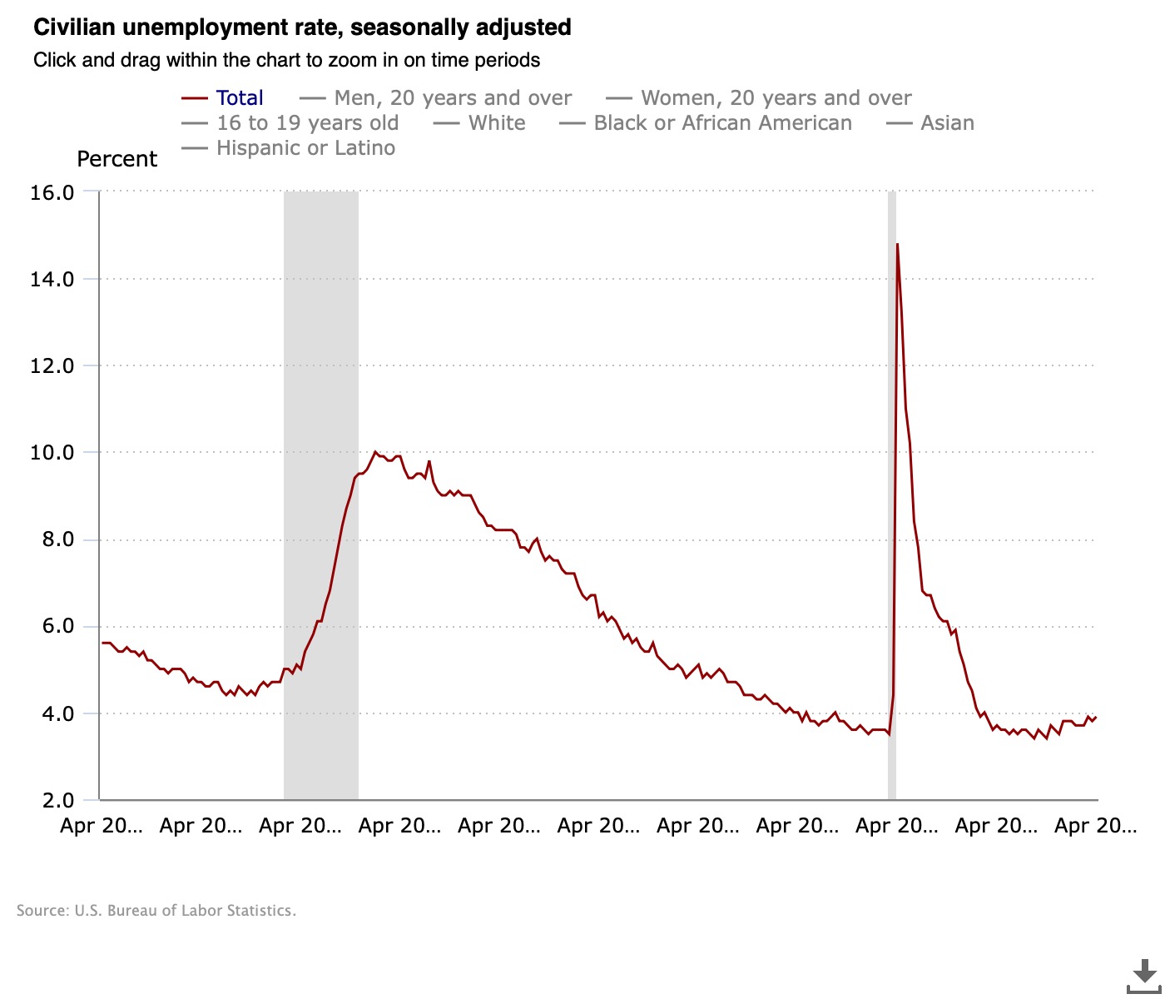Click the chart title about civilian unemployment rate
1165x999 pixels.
click(x=302, y=27)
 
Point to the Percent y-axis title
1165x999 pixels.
click(x=116, y=159)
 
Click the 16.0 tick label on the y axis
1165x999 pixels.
click(x=52, y=192)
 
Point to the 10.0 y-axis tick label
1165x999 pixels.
click(x=52, y=453)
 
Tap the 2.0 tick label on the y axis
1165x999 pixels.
click(x=57, y=801)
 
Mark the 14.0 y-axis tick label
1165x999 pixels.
click(x=52, y=279)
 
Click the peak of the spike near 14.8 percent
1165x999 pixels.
click(x=897, y=245)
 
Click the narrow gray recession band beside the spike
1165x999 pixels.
click(x=891, y=499)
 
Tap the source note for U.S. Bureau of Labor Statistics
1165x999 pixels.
click(x=156, y=911)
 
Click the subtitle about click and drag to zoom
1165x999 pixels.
click(x=286, y=61)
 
